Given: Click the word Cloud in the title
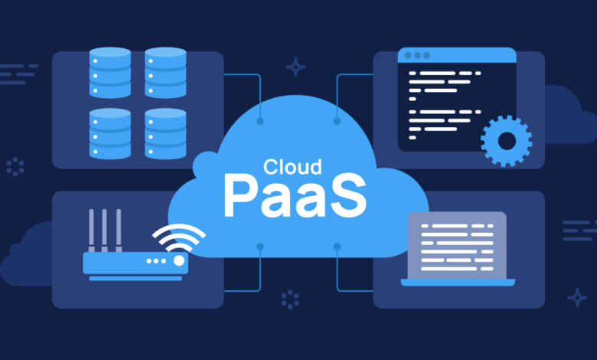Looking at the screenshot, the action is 292,167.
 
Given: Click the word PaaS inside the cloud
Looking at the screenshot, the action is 295,197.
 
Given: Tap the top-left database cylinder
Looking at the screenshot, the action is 110,72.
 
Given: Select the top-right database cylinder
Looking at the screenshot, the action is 165,72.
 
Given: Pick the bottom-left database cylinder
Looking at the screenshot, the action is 110,133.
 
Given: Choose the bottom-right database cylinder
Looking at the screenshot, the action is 165,133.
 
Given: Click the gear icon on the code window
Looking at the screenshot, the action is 507,141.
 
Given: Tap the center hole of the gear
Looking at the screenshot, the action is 507,142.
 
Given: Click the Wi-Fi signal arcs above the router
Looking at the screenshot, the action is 179,237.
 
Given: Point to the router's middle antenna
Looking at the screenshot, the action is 104,230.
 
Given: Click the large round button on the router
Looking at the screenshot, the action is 179,260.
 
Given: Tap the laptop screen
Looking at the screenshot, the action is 457,245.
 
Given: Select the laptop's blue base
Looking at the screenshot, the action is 458,283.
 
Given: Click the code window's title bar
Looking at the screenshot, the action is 457,55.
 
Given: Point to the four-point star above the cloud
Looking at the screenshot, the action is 295,67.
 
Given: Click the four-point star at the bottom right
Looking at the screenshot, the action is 577,297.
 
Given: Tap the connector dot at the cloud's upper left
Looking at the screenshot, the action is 260,121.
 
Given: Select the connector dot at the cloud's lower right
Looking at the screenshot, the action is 337,247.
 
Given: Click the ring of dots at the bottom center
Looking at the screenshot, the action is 290,299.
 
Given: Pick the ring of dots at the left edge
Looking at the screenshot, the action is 15,167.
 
